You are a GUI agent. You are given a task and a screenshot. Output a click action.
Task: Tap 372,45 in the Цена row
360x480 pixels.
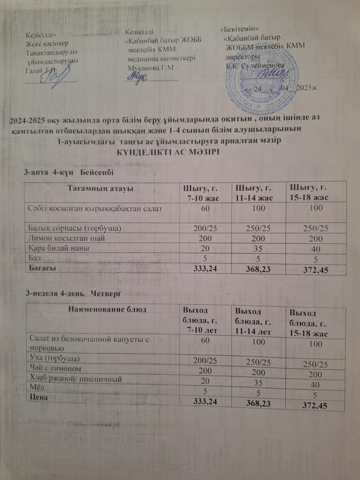coord(312,406)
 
